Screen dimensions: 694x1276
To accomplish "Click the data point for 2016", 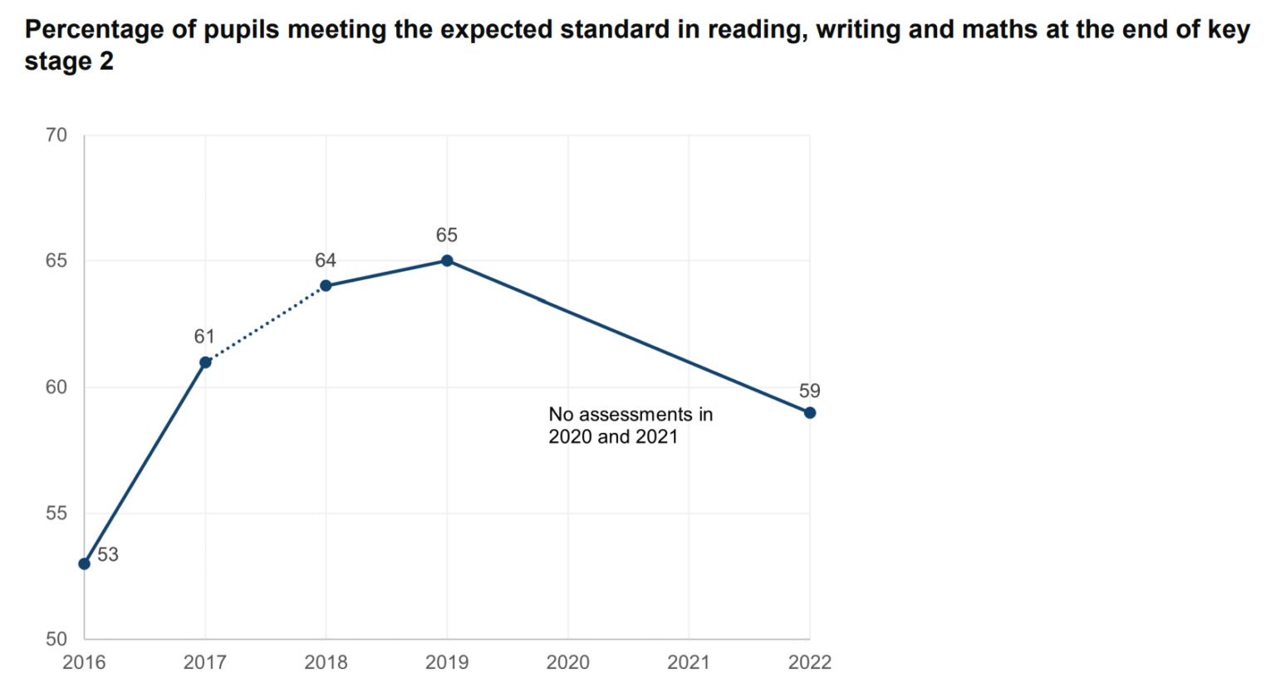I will (x=84, y=564).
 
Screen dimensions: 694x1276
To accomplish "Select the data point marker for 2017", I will (x=205, y=362).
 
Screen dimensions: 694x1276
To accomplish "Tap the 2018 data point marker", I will (x=326, y=286).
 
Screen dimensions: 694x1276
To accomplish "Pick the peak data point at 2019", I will (x=447, y=261).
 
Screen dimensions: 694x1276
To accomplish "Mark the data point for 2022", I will (x=810, y=413).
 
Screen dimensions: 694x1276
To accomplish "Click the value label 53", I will (x=108, y=555).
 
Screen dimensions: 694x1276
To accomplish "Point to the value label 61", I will (x=204, y=337).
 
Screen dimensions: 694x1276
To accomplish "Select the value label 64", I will (x=326, y=261).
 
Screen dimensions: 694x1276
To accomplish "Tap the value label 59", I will (x=809, y=391).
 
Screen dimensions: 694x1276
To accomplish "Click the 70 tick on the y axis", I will (x=56, y=135).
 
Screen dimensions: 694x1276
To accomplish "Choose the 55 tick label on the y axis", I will (x=56, y=514).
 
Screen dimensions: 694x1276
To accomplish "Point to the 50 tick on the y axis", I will (x=56, y=639).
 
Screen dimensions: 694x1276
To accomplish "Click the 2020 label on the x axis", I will (x=568, y=662).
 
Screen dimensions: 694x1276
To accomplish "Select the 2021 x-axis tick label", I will (x=689, y=662).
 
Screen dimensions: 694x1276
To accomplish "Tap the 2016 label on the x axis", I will (x=84, y=662).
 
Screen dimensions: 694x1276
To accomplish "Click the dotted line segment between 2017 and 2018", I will (x=266, y=324).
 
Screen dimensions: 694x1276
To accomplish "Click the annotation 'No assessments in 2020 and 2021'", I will (x=631, y=426).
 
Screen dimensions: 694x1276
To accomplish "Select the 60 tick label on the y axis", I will (x=56, y=387).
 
